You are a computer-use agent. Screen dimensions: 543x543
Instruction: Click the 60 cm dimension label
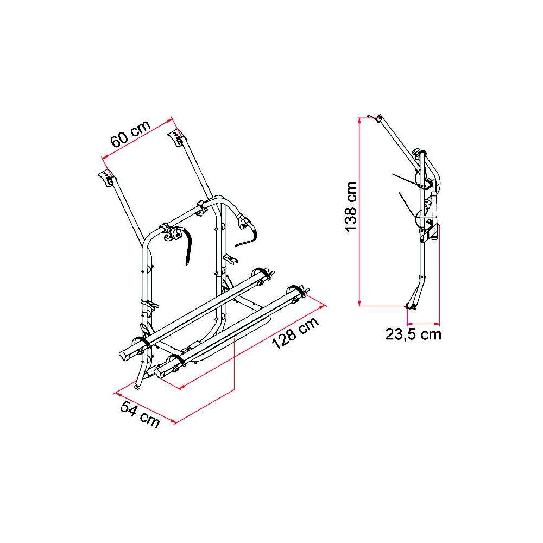pos(130,134)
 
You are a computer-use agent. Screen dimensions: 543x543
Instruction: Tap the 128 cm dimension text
pos(295,333)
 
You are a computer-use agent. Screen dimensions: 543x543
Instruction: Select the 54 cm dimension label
pos(140,414)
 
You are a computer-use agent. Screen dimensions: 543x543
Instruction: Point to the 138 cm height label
pos(351,206)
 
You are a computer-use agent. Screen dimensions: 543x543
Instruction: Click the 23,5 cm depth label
pos(413,334)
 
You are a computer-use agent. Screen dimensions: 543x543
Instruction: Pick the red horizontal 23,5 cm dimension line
pos(423,324)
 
